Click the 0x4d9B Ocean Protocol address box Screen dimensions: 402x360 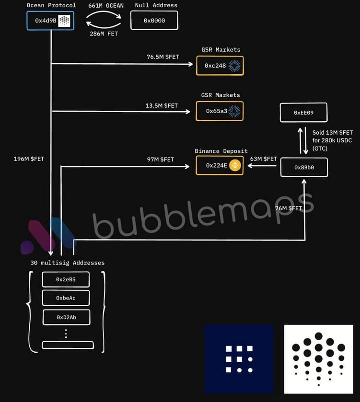tap(50, 21)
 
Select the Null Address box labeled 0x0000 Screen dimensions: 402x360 tap(154, 21)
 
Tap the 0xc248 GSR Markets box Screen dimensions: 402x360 tap(220, 66)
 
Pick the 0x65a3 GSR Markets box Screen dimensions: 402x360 tap(220, 111)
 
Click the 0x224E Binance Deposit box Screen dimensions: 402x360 tap(220, 165)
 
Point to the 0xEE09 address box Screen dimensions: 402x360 tap(303, 112)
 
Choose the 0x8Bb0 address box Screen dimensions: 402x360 tap(303, 168)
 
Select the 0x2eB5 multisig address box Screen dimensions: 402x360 tap(66, 279)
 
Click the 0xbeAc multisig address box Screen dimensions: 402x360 tap(66, 298)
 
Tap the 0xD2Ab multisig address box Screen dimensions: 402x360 tap(66, 317)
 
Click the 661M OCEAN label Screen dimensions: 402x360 tap(106, 6)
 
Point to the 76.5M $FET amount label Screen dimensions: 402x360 tap(163, 57)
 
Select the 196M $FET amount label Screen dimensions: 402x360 tap(29, 159)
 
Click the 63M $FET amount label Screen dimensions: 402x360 tap(264, 159)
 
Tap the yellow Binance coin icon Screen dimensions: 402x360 tap(235, 165)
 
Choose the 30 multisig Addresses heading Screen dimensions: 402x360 tap(67, 263)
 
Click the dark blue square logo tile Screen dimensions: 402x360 tap(239, 359)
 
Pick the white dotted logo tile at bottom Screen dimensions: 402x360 tap(318, 359)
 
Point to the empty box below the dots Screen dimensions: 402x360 tap(68, 345)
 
